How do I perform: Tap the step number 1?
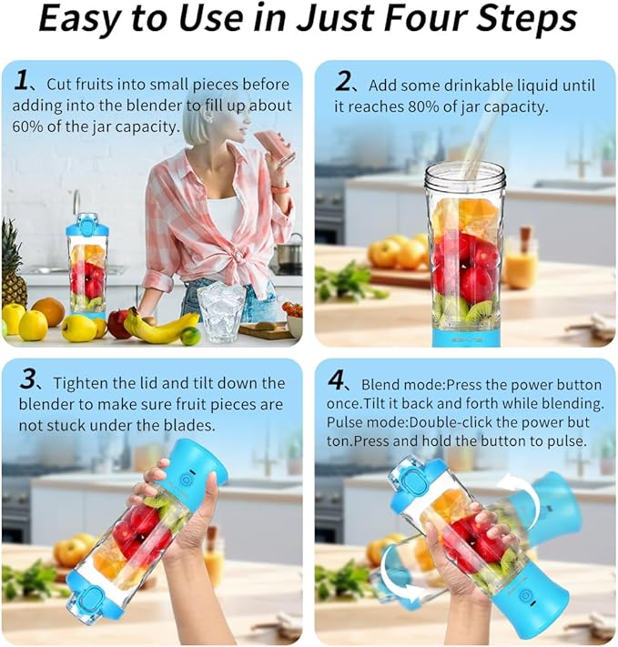[x=23, y=80]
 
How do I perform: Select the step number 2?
[x=343, y=82]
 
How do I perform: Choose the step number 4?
[x=338, y=380]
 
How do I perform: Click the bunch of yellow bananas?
[x=161, y=327]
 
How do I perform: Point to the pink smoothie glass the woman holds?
[x=272, y=145]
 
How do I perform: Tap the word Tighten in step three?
[x=83, y=383]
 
